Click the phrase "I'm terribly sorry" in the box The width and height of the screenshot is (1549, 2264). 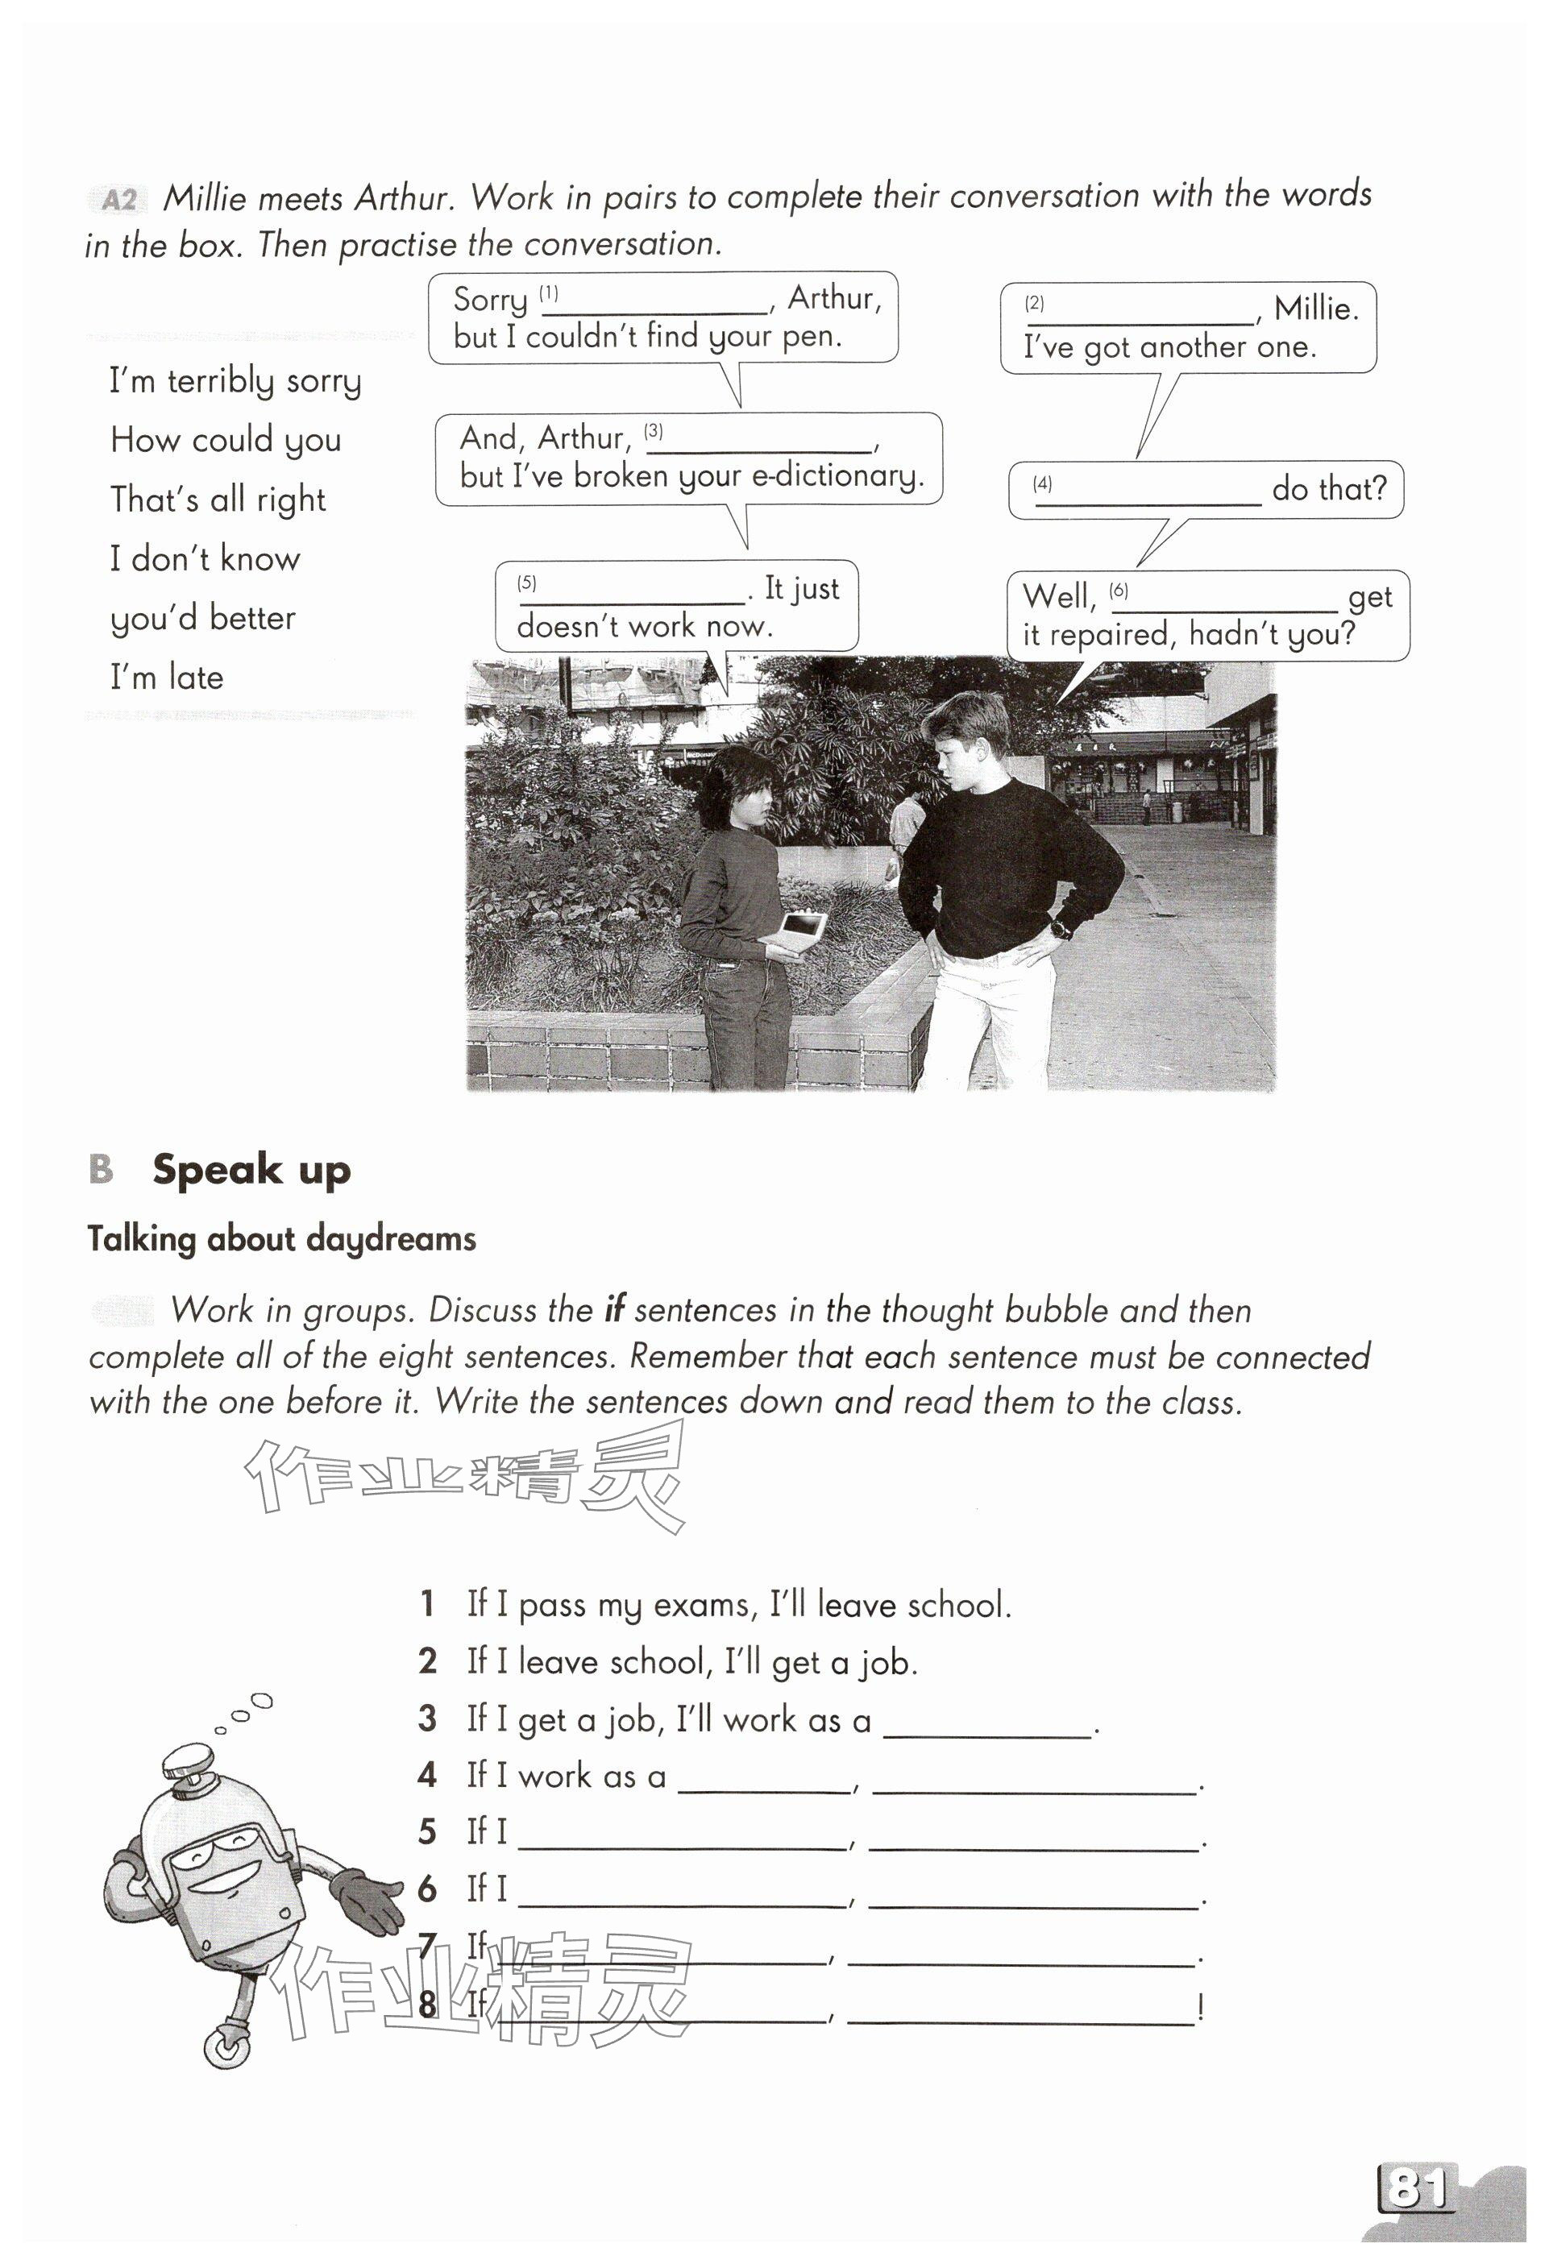(235, 381)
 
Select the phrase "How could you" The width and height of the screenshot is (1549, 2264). (225, 441)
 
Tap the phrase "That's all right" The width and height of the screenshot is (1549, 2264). (218, 500)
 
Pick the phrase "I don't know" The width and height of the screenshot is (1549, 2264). (205, 559)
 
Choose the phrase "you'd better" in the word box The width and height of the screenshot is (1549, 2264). (202, 619)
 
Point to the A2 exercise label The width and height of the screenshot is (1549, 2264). (118, 201)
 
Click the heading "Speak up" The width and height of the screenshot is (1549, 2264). (251, 1169)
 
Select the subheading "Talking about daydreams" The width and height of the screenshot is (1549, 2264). (281, 1239)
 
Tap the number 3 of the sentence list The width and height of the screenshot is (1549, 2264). (426, 1719)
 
